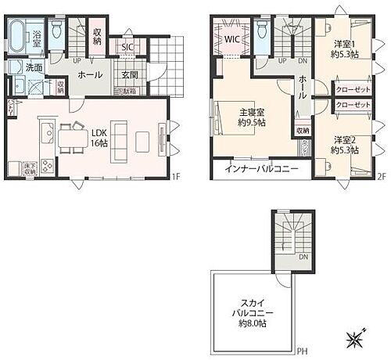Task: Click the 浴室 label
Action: click(38, 35)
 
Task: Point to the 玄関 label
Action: click(130, 75)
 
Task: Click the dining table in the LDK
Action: click(73, 138)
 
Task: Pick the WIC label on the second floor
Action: click(232, 38)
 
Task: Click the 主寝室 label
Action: click(251, 112)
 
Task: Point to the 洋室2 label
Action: click(345, 139)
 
